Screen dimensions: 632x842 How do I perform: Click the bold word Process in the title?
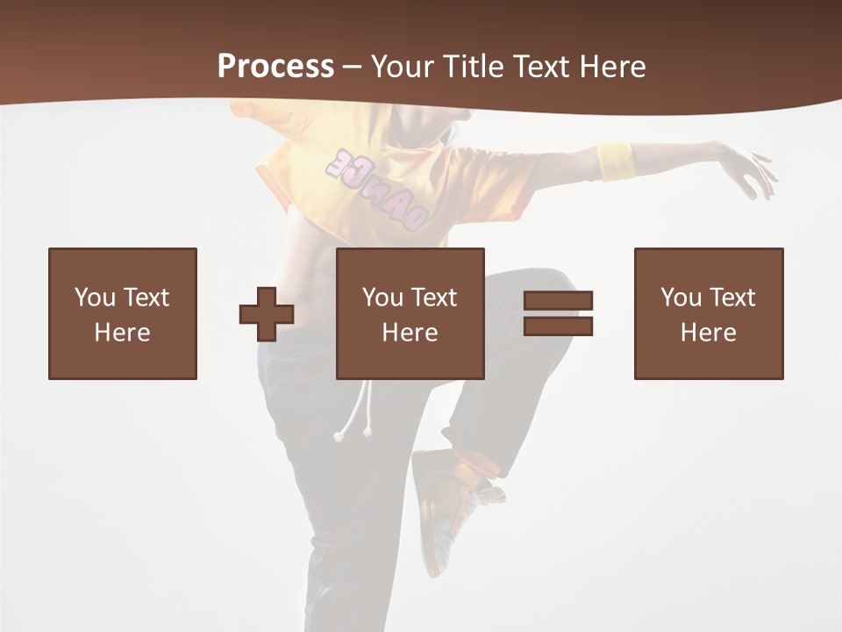[275, 67]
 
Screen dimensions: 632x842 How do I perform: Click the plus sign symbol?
[267, 314]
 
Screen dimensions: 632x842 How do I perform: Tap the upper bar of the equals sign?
[559, 300]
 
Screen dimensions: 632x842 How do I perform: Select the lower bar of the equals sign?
[559, 327]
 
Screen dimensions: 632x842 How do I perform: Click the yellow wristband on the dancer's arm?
[616, 161]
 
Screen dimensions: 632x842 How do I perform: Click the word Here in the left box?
[122, 333]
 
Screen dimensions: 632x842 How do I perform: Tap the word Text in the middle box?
[434, 298]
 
